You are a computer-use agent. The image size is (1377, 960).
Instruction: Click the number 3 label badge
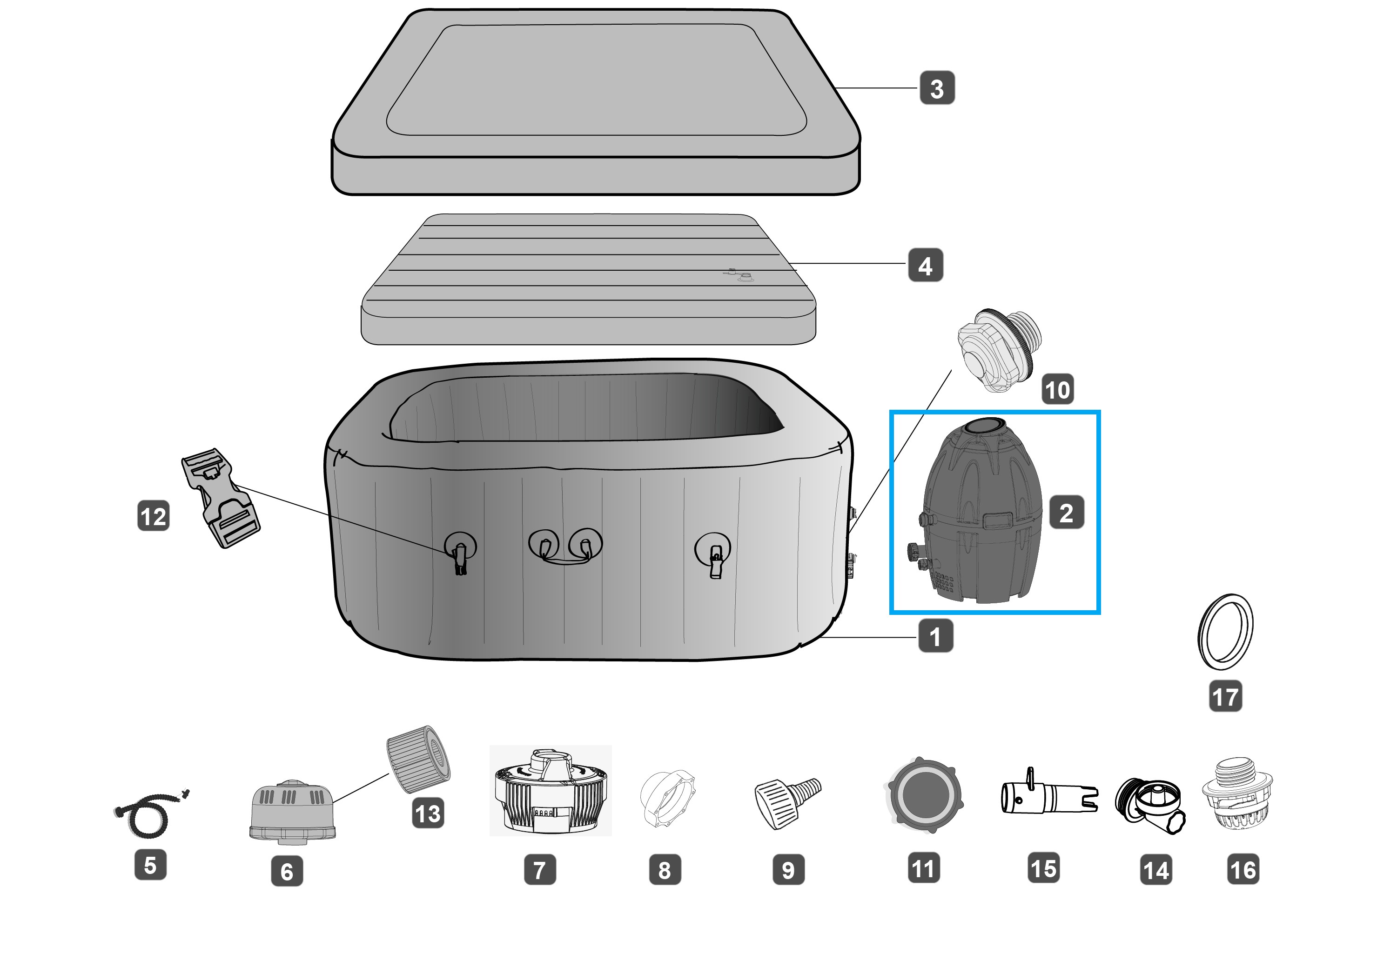click(937, 88)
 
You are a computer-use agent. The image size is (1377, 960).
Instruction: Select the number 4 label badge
click(926, 266)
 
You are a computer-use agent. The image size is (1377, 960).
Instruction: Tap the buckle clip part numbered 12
click(220, 497)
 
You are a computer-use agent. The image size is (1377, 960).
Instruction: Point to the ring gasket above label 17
click(1225, 632)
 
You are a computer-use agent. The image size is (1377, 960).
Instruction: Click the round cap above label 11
click(924, 794)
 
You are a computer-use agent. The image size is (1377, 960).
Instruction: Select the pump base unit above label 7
click(550, 791)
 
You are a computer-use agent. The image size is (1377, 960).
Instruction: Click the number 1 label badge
click(935, 636)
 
